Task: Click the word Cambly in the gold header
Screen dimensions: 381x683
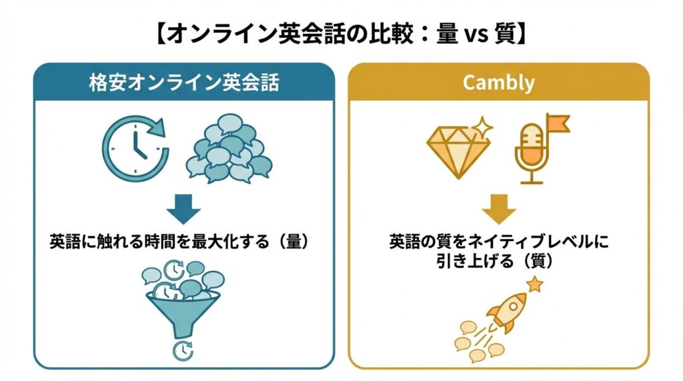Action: [498, 83]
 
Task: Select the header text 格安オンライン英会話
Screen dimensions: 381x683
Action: [184, 83]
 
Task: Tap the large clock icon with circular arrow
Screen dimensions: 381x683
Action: [135, 147]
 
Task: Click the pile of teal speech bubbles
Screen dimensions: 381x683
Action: [229, 149]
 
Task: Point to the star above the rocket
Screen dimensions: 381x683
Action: [535, 285]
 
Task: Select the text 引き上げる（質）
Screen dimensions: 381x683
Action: [498, 262]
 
